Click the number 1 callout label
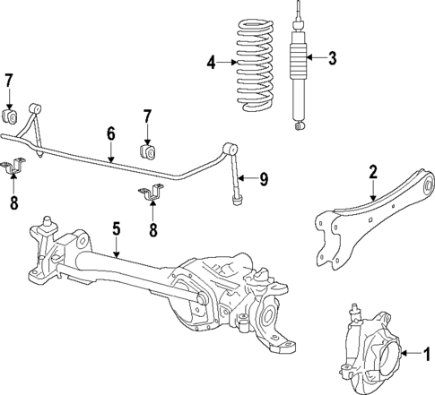pyautogui.click(x=427, y=352)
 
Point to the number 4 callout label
pyautogui.click(x=212, y=62)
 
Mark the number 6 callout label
pyautogui.click(x=110, y=133)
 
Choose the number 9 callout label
pyautogui.click(x=264, y=179)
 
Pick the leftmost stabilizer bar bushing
pyautogui.click(x=12, y=116)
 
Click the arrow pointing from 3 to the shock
pyautogui.click(x=316, y=59)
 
